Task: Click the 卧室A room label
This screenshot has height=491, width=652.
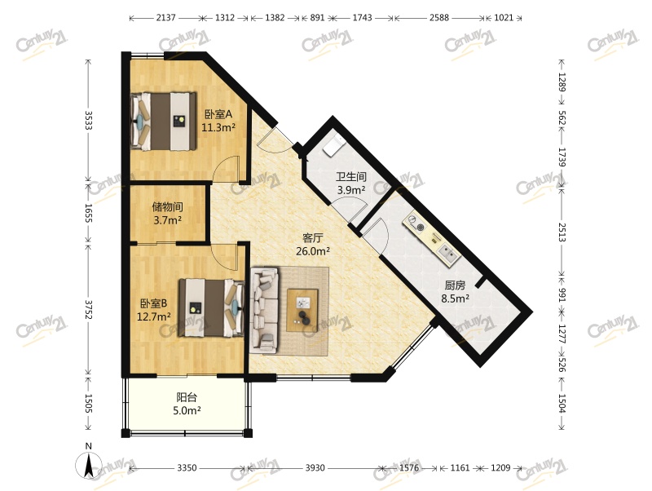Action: coord(218,114)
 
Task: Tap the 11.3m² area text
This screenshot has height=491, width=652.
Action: coord(218,127)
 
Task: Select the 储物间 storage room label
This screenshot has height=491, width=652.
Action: coord(168,207)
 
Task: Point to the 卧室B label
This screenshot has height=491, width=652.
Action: coord(153,303)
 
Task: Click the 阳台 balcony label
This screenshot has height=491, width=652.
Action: coord(187,397)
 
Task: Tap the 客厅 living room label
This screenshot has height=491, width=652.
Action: coord(313,238)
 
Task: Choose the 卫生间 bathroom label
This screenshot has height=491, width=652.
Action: coord(351,177)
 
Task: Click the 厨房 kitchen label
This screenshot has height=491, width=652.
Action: coord(455,285)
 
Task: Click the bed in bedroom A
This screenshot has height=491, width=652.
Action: coord(163,121)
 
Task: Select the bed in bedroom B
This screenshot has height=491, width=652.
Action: coord(211,307)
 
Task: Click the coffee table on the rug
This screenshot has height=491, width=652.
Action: coord(302,310)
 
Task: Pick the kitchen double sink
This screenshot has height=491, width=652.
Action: coord(449,254)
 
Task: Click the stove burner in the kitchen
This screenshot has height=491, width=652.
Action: coord(421,228)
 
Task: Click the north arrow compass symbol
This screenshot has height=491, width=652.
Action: coord(89,464)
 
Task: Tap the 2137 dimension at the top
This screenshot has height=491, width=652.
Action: coord(165,18)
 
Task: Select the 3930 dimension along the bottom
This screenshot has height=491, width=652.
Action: coord(315,468)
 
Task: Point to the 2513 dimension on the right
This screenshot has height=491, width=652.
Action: coord(562,232)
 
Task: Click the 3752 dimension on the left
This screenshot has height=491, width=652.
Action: coord(88,310)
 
